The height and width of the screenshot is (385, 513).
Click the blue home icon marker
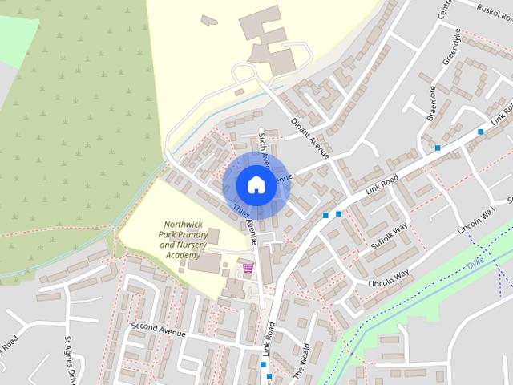click(255, 184)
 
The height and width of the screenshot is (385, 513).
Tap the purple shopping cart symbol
click(248, 267)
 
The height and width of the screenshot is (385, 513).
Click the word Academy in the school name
click(182, 254)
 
